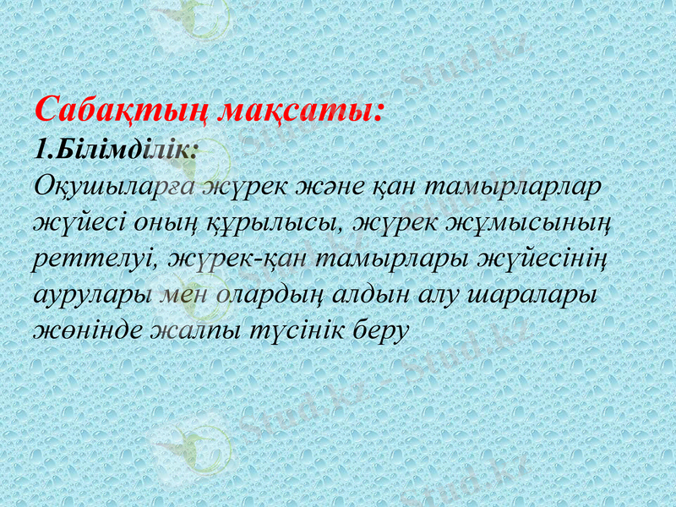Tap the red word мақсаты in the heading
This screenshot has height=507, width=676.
[298, 111]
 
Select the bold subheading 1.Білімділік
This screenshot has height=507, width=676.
[116, 149]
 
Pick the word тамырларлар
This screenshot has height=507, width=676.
[514, 186]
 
